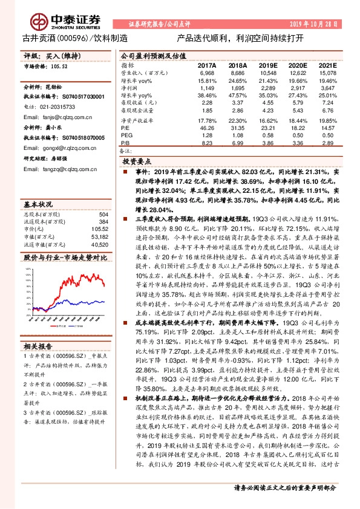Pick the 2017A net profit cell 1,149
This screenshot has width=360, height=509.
click(208, 88)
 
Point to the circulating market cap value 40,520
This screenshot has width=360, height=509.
click(99, 244)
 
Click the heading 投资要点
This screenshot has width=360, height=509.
click(137, 163)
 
